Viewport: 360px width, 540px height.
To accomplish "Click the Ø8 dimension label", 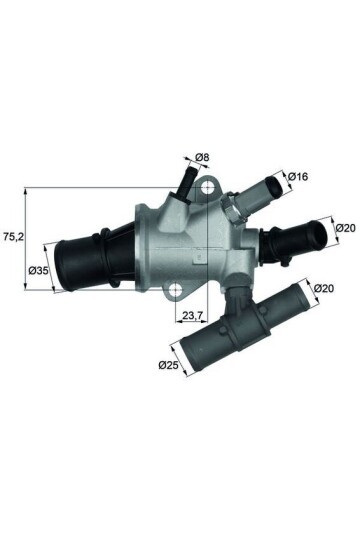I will coord(202,158).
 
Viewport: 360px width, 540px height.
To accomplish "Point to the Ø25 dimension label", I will coord(167,365).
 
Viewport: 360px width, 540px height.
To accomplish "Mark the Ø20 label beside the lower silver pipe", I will coord(322,290).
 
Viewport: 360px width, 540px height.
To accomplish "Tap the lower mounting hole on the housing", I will coord(176,292).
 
